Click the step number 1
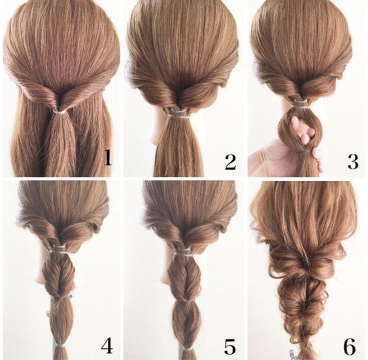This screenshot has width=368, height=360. point(108,157)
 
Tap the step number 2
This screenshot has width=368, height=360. point(230,162)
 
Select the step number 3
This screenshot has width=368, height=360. point(353,161)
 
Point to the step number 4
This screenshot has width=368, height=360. point(107,346)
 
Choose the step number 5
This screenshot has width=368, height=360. point(230,347)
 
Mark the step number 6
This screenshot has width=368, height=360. point(350,347)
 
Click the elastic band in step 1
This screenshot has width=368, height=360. point(59,112)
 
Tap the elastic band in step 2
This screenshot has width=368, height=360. point(178,116)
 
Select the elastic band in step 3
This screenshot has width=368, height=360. point(299,105)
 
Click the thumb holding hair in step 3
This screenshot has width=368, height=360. point(317,159)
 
